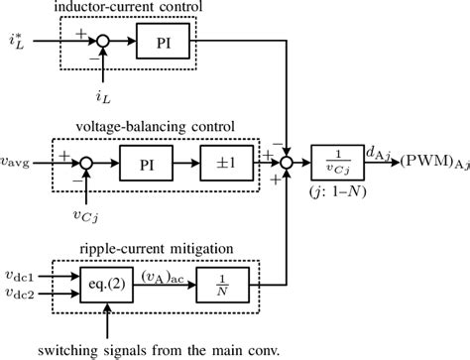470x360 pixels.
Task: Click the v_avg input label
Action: pyautogui.click(x=19, y=159)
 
